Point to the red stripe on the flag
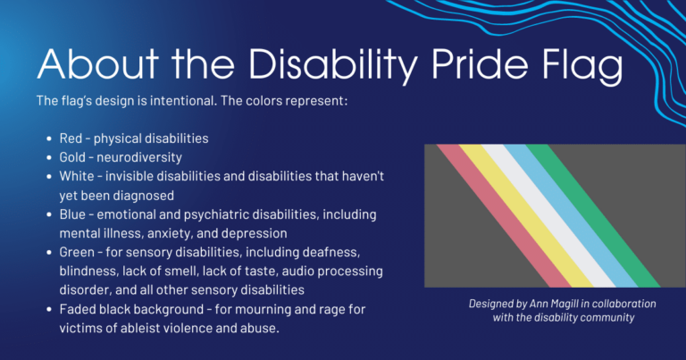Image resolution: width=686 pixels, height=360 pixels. click(x=483, y=214)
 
